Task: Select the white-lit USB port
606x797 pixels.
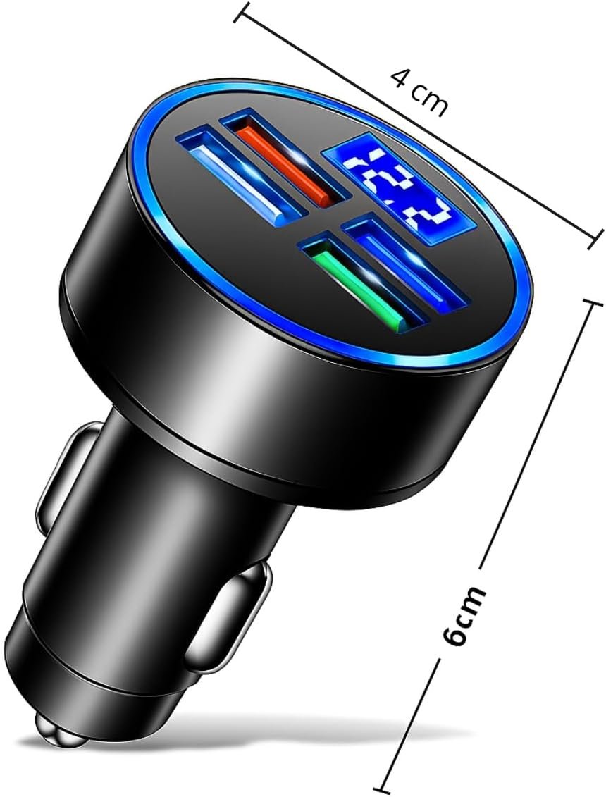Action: coord(239,178)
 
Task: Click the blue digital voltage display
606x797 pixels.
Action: coord(401,189)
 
